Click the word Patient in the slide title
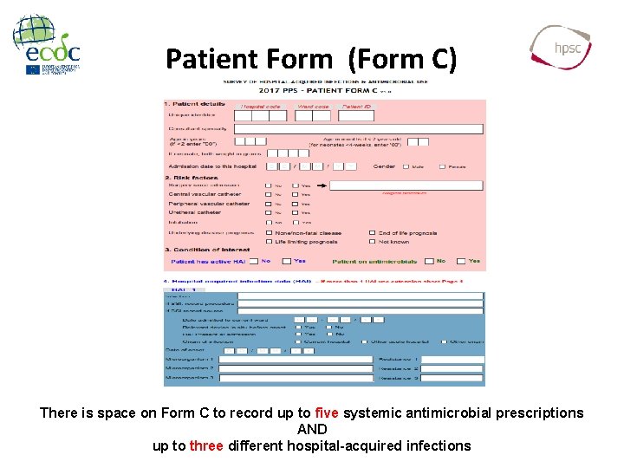coord(205,59)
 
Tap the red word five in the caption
coord(327,413)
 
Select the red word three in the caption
coord(206,446)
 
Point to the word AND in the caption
coord(312,430)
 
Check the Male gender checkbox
coord(405,166)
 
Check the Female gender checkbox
coord(442,166)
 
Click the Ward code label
coord(313,107)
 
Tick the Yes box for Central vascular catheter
coord(295,195)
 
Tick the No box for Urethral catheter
coord(268,212)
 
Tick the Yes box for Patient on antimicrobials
coord(460,261)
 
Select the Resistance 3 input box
coord(453,378)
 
